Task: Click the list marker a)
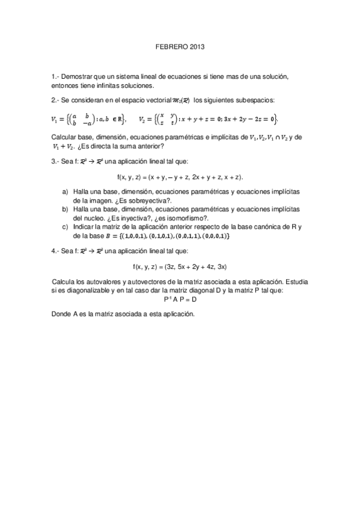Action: coord(66,191)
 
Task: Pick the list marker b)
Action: coord(66,207)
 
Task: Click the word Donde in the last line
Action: coord(61,314)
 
